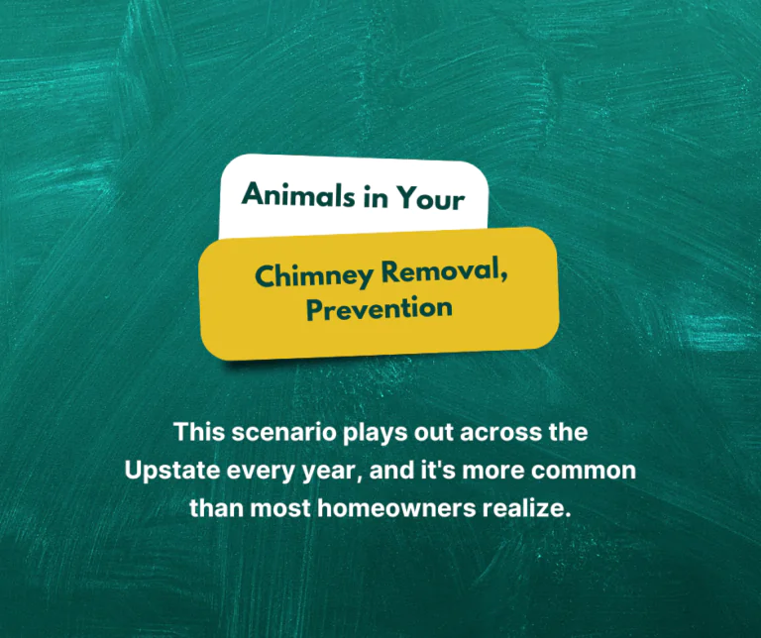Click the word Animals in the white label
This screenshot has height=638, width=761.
pyautogui.click(x=288, y=194)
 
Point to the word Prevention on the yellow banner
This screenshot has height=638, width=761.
pyautogui.click(x=380, y=308)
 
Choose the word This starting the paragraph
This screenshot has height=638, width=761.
pyautogui.click(x=199, y=433)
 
